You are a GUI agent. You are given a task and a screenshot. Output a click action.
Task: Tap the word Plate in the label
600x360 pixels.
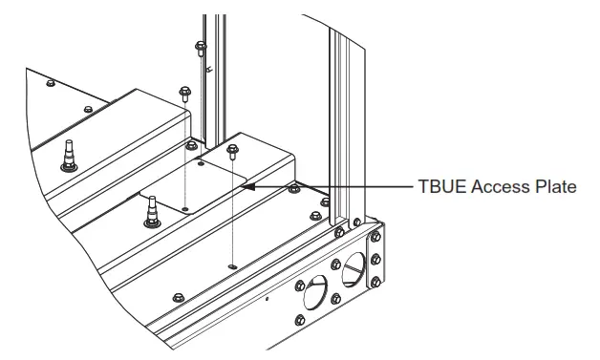point(554,188)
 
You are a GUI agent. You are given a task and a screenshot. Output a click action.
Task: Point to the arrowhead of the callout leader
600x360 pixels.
point(247,188)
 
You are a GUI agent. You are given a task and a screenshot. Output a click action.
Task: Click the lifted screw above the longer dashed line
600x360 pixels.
point(231,150)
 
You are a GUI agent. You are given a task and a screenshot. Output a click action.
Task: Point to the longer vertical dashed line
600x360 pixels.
point(232,205)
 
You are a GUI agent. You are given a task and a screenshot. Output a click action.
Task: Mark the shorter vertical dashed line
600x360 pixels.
point(184,153)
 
